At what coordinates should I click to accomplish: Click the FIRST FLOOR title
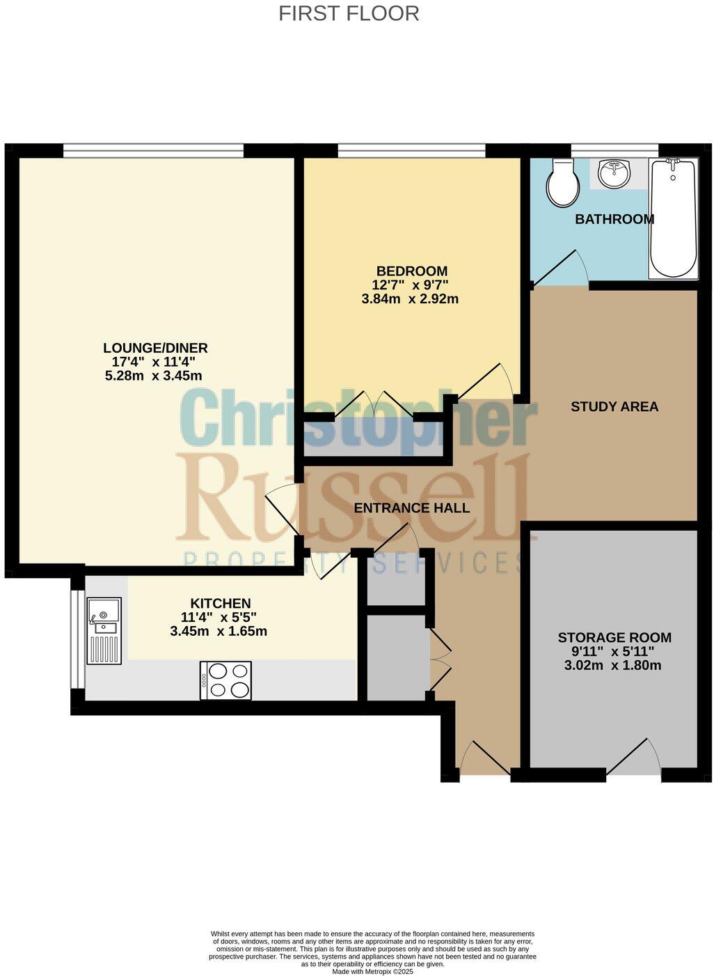tap(349, 13)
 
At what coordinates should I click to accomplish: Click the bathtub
tap(672, 218)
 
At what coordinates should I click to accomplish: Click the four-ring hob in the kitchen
tap(225, 680)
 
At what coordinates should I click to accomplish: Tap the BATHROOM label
tap(614, 219)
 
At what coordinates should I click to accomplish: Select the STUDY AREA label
tap(614, 406)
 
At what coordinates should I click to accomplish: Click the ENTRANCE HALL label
tap(411, 508)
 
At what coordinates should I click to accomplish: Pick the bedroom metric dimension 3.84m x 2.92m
tap(410, 299)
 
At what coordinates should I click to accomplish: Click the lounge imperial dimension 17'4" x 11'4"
tap(154, 362)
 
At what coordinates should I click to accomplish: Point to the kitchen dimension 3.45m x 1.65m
tap(219, 632)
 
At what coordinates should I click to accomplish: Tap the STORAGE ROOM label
tap(614, 637)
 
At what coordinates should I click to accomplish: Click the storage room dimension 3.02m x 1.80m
tap(612, 665)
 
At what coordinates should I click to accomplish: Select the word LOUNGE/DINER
tap(155, 348)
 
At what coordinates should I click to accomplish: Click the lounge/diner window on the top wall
tap(153, 148)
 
